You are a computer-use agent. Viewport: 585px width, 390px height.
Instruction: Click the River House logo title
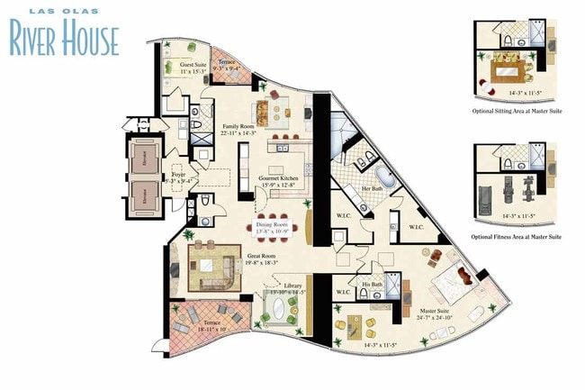click(x=65, y=37)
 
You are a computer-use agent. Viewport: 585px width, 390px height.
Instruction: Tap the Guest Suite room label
click(x=193, y=66)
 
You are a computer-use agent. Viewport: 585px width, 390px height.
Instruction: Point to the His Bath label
click(x=371, y=285)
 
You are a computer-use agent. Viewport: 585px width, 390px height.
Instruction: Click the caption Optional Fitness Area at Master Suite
click(x=517, y=236)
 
